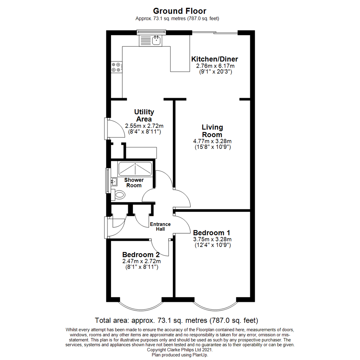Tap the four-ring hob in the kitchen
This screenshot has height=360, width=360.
coord(117,67)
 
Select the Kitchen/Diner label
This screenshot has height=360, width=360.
coord(214,59)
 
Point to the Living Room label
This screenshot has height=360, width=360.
coord(212,131)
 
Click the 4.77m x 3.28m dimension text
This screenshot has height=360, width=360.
coord(212,141)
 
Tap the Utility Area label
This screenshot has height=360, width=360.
coord(144,115)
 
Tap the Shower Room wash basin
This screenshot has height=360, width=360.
coord(114,182)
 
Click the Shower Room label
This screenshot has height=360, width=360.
coord(134,183)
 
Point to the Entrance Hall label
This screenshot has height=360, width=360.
coord(160,226)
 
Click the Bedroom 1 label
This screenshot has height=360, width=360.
coord(212,232)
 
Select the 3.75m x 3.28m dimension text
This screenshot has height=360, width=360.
coord(212,239)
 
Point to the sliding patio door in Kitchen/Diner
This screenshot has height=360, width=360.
coord(215,33)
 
